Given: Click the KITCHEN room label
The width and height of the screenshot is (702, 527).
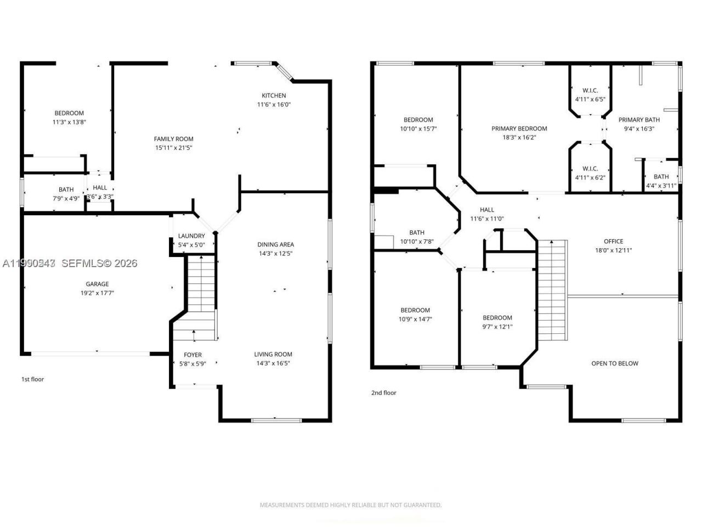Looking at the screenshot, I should pos(274,96).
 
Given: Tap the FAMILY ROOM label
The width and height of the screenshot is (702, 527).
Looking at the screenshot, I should pos(173,139).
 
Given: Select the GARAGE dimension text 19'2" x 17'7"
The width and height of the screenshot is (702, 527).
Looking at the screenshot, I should pos(97,293).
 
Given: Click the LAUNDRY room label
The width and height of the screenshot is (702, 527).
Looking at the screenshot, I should pos(191,236).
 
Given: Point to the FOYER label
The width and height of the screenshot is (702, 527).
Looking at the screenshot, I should pos(193,355).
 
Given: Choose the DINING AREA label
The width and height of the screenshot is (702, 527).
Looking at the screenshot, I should pos(275,244).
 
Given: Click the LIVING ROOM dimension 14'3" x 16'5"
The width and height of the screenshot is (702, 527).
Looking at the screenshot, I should pos(273,363).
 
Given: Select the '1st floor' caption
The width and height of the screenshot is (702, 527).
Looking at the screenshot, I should pos(32,379).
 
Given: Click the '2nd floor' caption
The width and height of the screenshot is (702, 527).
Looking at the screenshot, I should pos(383,393).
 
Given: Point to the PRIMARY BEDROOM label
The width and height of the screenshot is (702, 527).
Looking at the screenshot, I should pos(519,128).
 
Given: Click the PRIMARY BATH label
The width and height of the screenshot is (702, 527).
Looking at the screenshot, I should pos(639,120).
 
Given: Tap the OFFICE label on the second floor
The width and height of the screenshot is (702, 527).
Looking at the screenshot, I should pos(613,241).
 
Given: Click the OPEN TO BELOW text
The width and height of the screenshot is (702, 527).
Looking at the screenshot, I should pos(614,363).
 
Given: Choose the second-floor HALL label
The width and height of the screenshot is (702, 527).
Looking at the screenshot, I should pos(486,210).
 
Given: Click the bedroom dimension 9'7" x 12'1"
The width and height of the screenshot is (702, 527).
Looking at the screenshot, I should pos(497,327).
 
